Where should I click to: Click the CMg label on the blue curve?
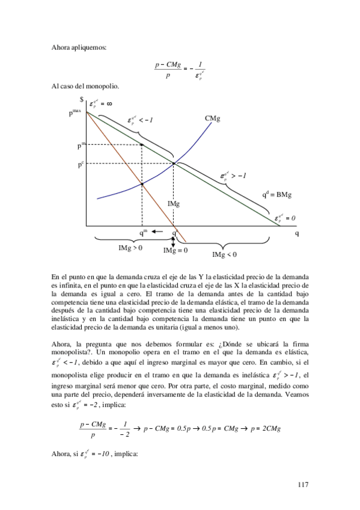(212, 119)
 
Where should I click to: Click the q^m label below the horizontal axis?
(143, 232)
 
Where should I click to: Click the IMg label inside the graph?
(174, 204)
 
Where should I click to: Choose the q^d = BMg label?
(277, 194)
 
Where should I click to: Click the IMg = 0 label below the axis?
(175, 251)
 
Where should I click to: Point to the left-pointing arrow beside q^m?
(158, 232)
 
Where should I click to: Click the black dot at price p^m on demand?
(141, 145)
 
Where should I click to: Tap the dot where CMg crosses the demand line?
(174, 164)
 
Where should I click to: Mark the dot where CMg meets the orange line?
(142, 184)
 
